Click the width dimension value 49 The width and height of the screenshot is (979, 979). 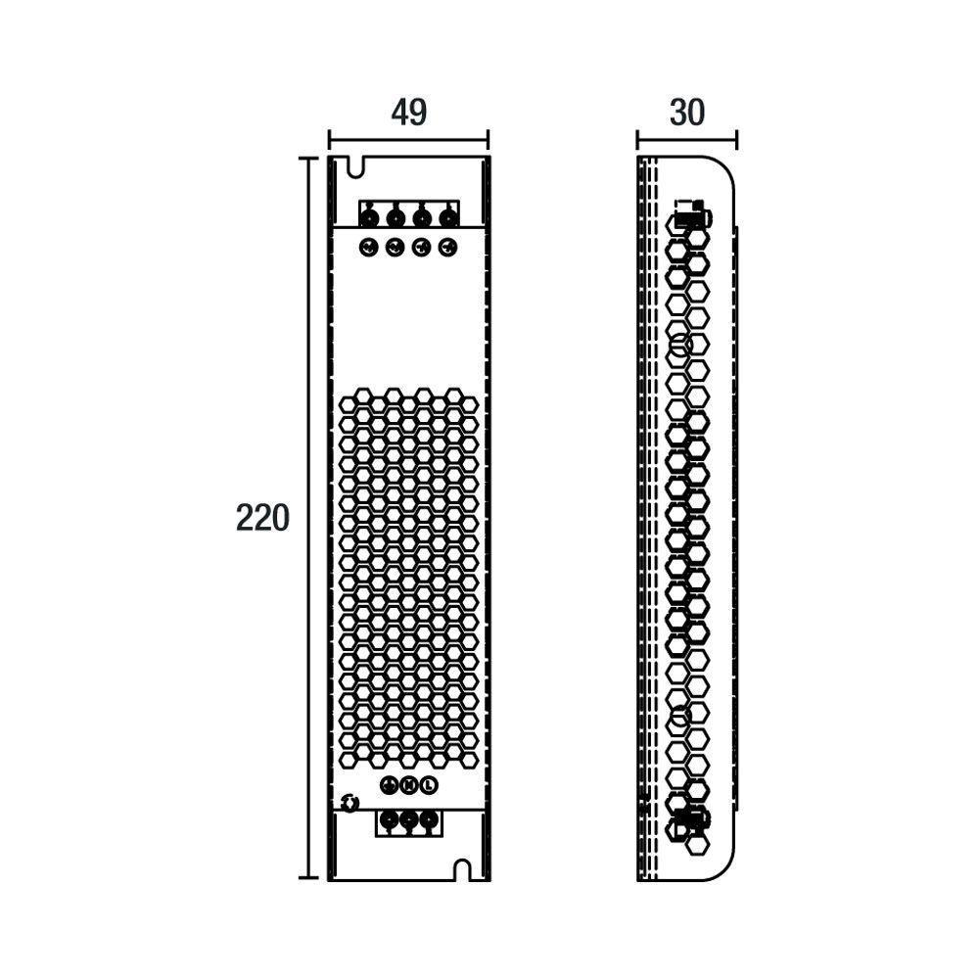tap(408, 113)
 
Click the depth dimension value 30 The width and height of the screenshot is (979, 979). tap(687, 113)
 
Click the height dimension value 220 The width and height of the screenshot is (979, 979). tap(262, 517)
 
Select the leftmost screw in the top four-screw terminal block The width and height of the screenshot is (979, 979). tap(369, 217)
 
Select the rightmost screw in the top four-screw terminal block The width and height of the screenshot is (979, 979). tap(448, 217)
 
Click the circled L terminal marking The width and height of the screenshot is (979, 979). tap(428, 785)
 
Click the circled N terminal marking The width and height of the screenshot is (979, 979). tap(408, 785)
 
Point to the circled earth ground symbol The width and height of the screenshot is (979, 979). tap(388, 785)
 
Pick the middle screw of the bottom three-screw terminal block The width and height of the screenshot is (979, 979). tap(408, 822)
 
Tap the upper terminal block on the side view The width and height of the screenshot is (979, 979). tap(693, 214)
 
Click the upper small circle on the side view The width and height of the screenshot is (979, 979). tap(679, 345)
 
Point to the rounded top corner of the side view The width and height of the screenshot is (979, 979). tap(724, 170)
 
